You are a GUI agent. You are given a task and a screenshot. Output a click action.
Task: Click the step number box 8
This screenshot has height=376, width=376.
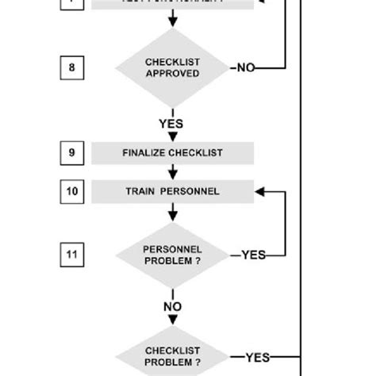71,68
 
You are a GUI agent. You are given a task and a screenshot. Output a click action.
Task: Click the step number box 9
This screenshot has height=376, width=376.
71,152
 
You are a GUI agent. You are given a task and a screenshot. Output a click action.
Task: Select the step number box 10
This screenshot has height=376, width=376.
71,191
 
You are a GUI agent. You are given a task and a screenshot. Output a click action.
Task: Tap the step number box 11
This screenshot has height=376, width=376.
71,255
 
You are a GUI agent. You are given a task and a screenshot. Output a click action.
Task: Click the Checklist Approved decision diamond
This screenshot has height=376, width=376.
172,68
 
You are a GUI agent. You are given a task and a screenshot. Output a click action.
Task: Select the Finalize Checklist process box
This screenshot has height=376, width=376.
172,152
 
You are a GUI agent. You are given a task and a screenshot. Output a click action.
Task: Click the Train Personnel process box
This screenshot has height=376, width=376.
172,191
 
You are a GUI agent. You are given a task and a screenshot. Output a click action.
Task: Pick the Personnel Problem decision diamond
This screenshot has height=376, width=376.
172,255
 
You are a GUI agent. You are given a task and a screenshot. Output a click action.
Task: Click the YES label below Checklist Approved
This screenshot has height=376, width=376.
171,124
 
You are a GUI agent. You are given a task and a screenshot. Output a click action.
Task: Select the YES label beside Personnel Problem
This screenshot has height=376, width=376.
252,255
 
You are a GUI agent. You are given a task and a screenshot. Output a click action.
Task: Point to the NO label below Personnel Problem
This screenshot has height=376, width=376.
172,306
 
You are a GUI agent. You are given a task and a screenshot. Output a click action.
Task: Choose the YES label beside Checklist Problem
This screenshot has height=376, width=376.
257,358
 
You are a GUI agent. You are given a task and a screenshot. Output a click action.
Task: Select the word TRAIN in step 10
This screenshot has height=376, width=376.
140,191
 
